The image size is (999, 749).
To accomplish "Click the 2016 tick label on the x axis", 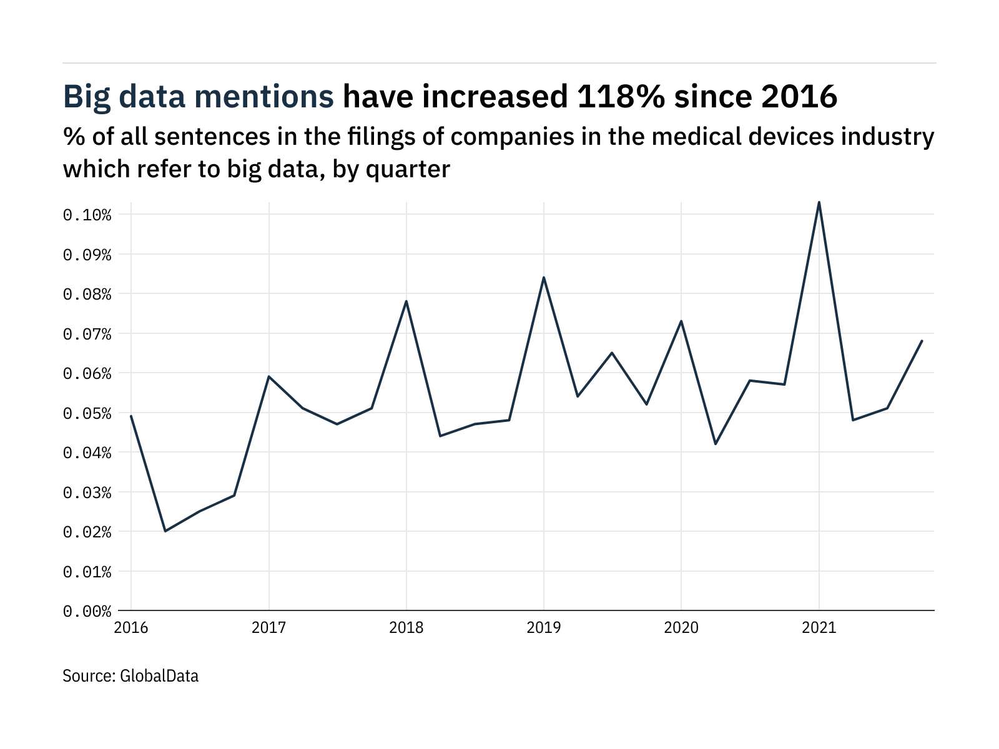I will click(x=131, y=628).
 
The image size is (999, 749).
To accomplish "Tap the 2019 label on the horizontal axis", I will click(x=544, y=628).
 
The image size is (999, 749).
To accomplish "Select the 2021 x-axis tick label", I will click(x=819, y=628).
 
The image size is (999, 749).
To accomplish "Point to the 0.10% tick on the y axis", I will click(x=87, y=215).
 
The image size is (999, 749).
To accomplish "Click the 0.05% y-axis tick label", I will click(x=87, y=414).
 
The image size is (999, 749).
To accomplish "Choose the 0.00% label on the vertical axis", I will click(x=87, y=611).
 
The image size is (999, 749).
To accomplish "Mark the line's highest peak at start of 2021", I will click(x=819, y=202).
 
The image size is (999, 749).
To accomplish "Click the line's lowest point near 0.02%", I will click(x=165, y=531).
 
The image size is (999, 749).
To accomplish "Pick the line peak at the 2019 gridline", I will click(x=544, y=277).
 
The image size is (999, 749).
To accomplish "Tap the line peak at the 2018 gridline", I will click(x=406, y=301).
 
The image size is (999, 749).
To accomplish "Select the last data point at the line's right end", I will click(x=922, y=341).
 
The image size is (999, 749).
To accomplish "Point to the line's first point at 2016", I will click(x=131, y=416).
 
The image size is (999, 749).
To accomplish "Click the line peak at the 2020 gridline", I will click(x=681, y=321).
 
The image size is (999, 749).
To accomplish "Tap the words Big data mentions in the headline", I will click(x=199, y=97).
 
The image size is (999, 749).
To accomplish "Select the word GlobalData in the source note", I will click(x=159, y=676).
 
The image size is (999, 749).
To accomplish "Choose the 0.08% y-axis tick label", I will click(x=87, y=295).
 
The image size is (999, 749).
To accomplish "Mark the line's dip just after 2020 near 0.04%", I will click(x=716, y=444).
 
